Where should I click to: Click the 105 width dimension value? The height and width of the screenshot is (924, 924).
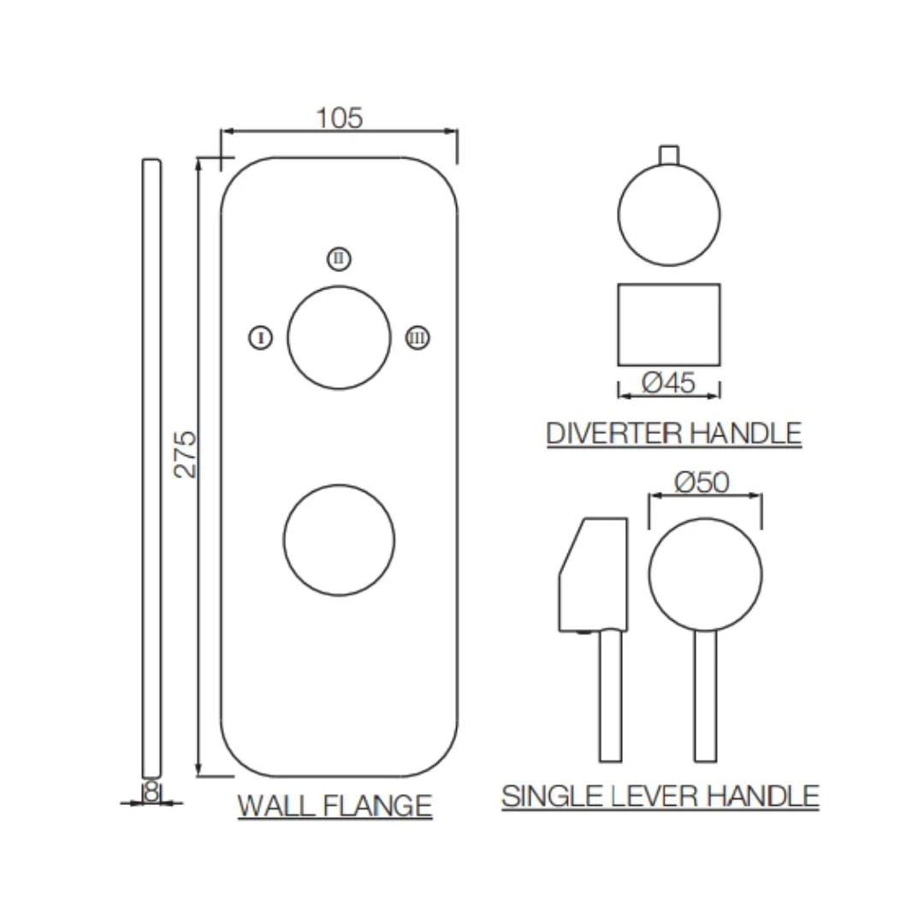pyautogui.click(x=340, y=117)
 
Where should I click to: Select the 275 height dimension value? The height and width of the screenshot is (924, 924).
pyautogui.click(x=186, y=454)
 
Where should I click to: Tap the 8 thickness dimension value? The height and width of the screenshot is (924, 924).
pyautogui.click(x=151, y=792)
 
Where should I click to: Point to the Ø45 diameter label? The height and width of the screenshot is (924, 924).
pyautogui.click(x=668, y=382)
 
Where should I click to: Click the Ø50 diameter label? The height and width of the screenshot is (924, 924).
pyautogui.click(x=702, y=483)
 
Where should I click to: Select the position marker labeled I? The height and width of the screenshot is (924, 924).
pyautogui.click(x=261, y=338)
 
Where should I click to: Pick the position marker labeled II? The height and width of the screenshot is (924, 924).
pyautogui.click(x=339, y=258)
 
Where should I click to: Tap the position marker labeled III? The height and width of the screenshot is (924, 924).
pyautogui.click(x=418, y=338)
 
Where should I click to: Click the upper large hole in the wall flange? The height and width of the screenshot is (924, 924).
pyautogui.click(x=339, y=338)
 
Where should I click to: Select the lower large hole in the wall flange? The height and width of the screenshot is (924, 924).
pyautogui.click(x=339, y=540)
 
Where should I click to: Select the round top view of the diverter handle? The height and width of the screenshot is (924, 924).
pyautogui.click(x=669, y=214)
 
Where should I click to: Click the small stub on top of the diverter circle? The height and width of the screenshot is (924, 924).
pyautogui.click(x=669, y=153)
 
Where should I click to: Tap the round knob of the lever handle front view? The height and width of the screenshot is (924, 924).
pyautogui.click(x=705, y=574)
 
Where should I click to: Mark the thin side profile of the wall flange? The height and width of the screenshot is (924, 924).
pyautogui.click(x=151, y=466)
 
